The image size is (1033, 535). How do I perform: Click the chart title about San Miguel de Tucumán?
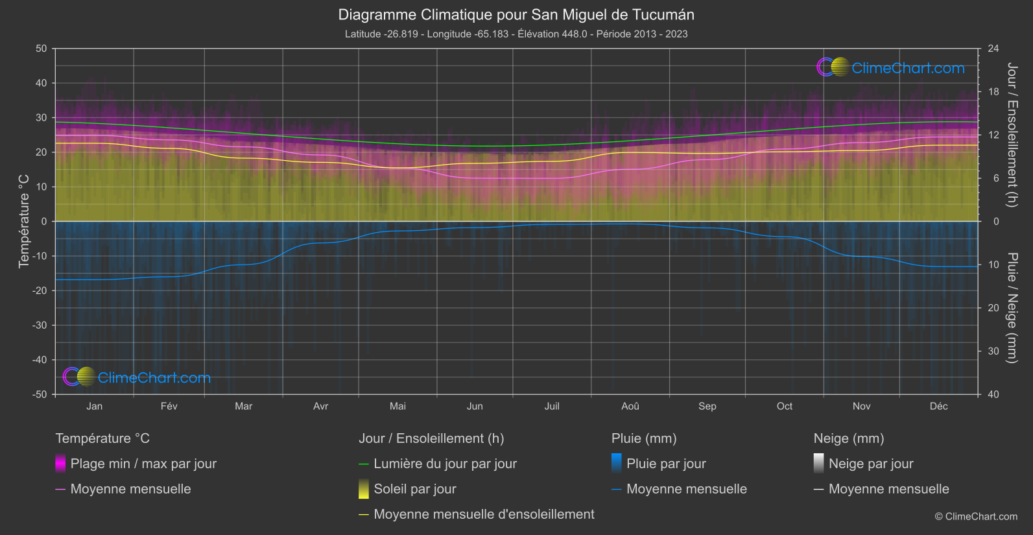tap(516, 15)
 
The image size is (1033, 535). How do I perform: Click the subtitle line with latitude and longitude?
tap(516, 34)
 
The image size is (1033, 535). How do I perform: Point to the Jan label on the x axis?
tap(95, 406)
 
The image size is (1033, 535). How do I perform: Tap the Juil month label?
tap(552, 406)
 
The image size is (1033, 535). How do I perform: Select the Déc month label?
tap(938, 406)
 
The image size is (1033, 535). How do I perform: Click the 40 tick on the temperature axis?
tap(42, 83)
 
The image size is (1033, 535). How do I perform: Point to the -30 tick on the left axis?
tap(40, 325)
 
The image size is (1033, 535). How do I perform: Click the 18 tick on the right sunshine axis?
tap(993, 91)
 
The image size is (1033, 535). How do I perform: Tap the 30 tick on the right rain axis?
tap(993, 351)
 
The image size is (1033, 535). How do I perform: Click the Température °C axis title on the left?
tap(24, 221)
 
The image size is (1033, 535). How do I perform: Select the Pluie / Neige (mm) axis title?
tap(1012, 308)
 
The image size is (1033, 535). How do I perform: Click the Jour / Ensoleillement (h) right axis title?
tap(1012, 135)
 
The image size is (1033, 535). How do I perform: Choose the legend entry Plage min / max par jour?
tap(143, 464)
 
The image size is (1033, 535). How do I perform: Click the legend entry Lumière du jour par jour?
tap(445, 464)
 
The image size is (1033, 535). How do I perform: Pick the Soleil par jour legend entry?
tap(415, 489)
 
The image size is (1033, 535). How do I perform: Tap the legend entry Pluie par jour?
tap(666, 464)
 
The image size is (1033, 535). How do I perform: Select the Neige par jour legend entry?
tap(871, 464)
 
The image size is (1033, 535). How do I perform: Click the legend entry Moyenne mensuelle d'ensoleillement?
tap(484, 514)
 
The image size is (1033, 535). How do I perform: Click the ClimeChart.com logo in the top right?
tap(891, 67)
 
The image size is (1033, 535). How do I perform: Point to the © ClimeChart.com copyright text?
tap(976, 517)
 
